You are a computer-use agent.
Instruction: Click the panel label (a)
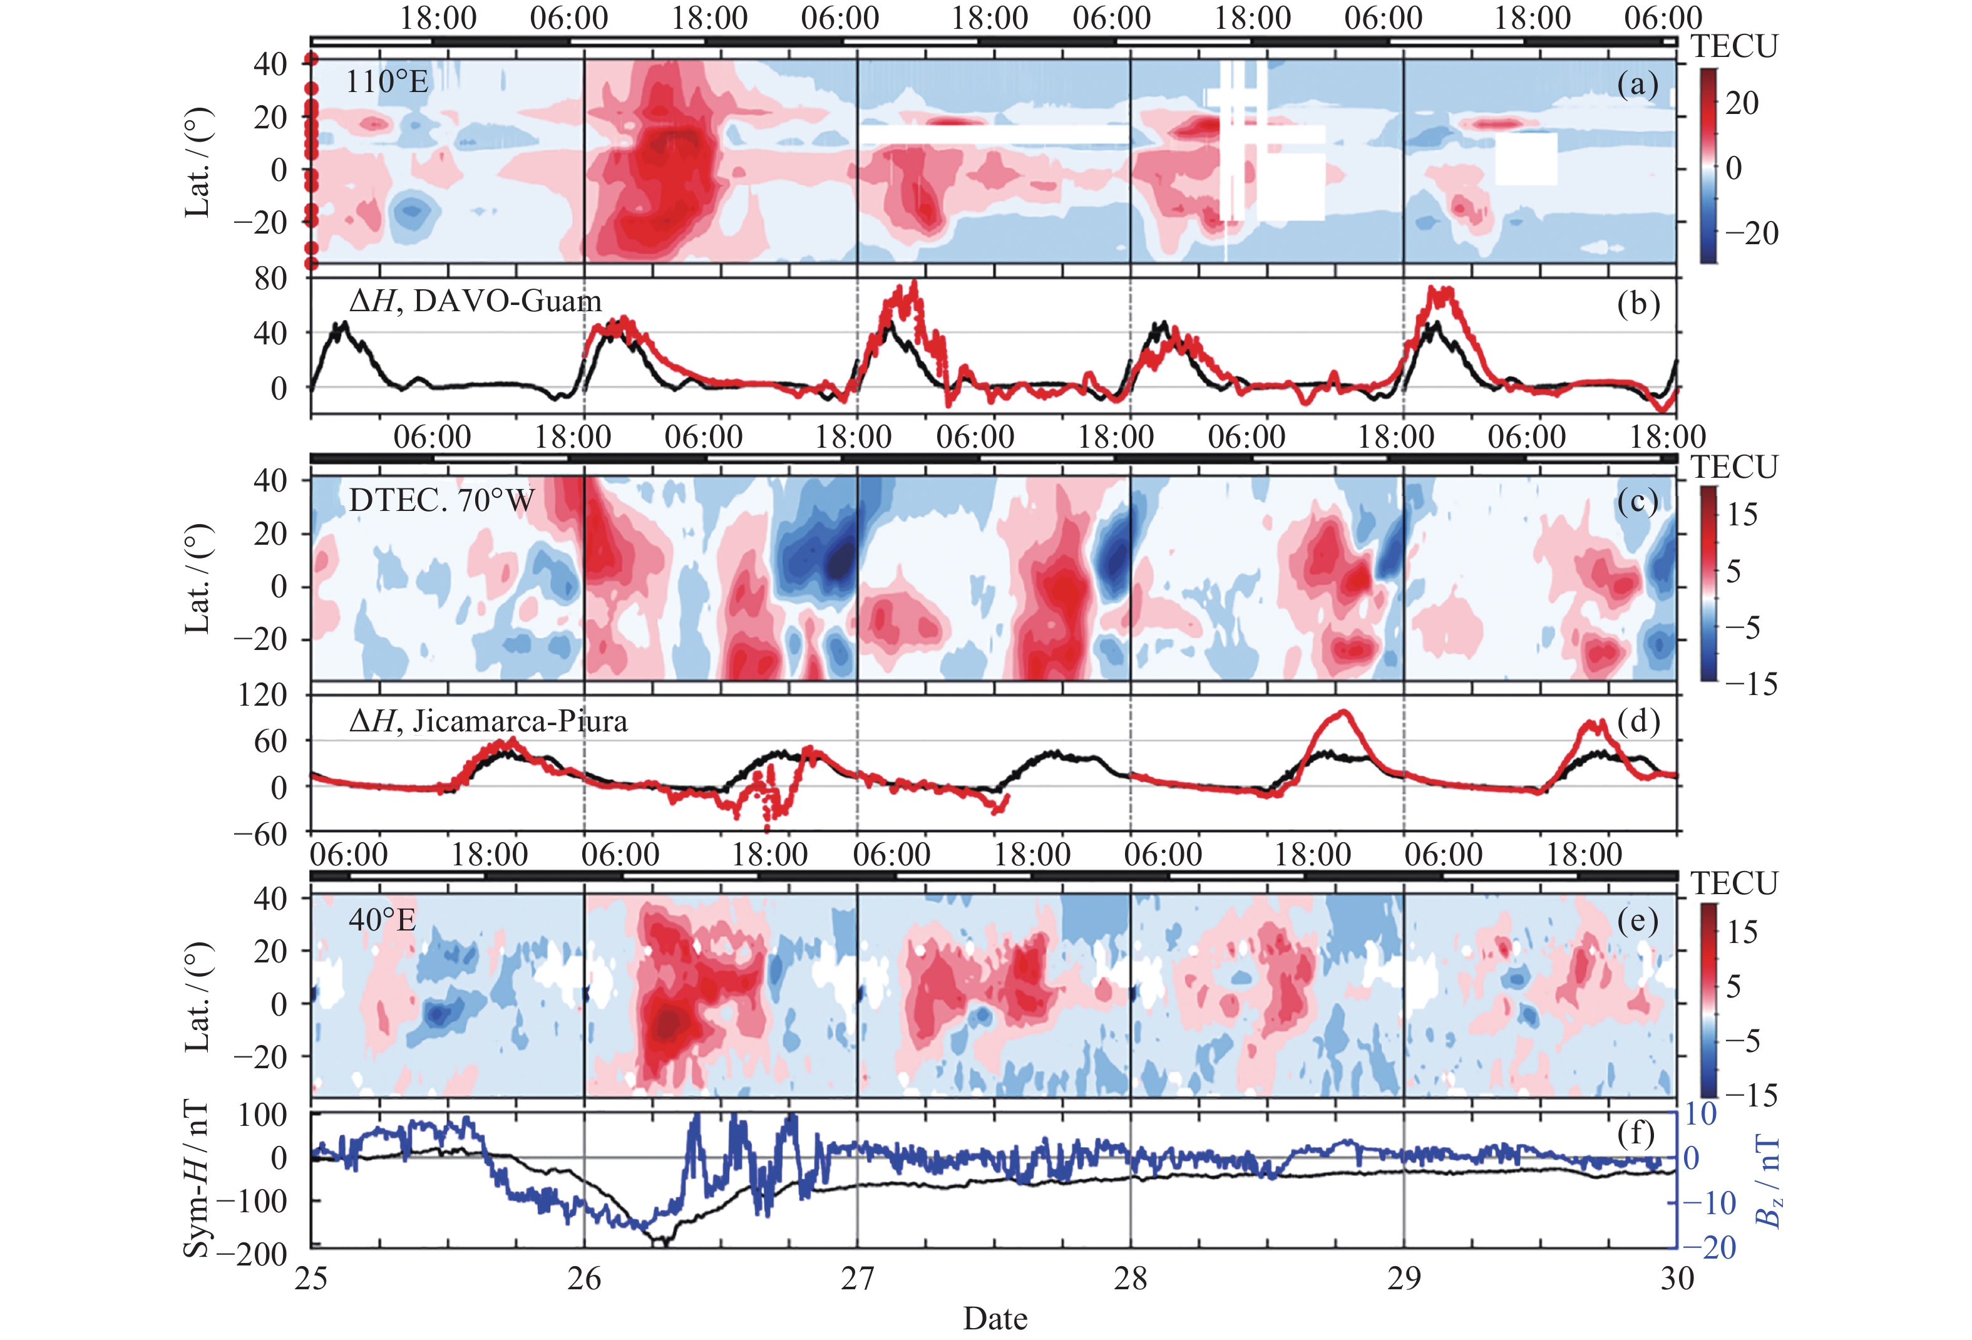tap(1637, 85)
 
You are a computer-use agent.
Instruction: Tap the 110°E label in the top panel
tap(387, 81)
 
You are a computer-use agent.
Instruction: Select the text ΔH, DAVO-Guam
tap(475, 301)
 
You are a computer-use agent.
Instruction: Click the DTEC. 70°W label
tap(441, 501)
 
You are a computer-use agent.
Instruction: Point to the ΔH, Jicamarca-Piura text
tap(488, 721)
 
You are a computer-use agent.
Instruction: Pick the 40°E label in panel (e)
tap(382, 920)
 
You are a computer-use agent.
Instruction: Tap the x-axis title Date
tap(995, 1318)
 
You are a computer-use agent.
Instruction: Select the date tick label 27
tap(857, 1279)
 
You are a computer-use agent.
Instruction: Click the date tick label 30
tap(1676, 1279)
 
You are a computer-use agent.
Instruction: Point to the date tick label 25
tap(311, 1279)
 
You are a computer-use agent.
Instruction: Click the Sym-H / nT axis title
tap(196, 1180)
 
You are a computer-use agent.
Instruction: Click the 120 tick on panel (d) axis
tap(262, 695)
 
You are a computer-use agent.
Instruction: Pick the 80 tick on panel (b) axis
tap(270, 279)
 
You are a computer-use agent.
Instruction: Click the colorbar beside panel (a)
tap(1707, 165)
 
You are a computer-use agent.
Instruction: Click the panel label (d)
tap(1637, 721)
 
